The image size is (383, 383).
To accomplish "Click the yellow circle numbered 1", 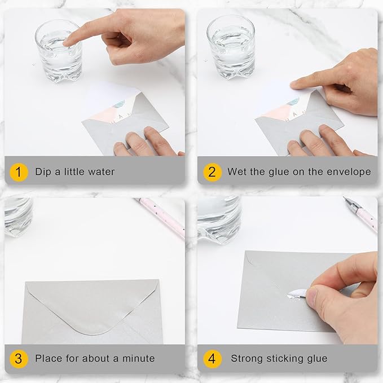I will pos(19,171).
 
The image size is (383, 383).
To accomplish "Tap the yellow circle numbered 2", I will pos(212,171).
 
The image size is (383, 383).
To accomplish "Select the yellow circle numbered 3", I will pos(19,358).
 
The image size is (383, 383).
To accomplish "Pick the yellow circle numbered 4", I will pos(212,358).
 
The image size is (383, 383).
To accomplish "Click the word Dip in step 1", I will pos(43,171).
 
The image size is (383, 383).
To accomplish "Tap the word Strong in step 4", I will pos(247,358).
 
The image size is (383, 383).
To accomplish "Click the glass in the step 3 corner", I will pos(17,214).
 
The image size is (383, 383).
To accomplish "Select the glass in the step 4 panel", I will pos(219,218).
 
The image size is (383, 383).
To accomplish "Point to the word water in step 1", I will pos(100,171).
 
